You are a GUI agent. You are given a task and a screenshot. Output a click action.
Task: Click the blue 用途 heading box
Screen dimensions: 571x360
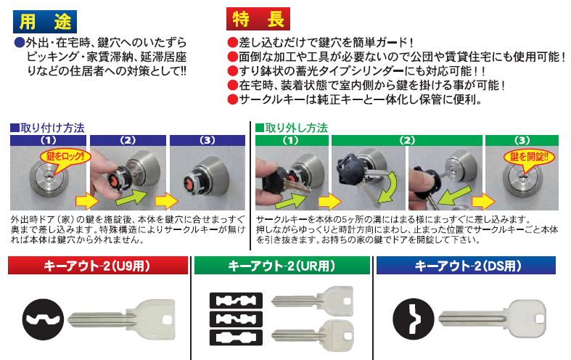coord(45,22)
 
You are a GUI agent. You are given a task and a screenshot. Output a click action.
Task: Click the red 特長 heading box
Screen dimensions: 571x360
coord(258,19)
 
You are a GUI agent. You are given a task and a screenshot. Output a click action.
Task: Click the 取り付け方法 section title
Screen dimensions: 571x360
coord(48,128)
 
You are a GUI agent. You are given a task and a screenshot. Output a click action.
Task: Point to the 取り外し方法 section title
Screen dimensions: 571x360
coord(292,128)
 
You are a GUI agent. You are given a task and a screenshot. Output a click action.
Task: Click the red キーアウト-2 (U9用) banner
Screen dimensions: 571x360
coord(98,265)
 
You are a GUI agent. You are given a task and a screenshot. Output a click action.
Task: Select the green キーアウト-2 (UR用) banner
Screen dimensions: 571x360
coord(282,265)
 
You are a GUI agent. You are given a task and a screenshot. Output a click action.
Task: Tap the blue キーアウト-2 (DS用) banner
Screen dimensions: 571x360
coord(466,265)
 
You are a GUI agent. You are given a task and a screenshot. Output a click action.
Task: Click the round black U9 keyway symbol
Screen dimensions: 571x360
coord(43,319)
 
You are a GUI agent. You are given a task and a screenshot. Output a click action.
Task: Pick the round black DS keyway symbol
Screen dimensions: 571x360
coord(414,319)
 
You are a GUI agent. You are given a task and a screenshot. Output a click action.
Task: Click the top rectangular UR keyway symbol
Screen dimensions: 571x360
coord(236,300)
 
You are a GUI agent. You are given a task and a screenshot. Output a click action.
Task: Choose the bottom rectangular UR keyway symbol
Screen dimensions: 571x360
coord(236,337)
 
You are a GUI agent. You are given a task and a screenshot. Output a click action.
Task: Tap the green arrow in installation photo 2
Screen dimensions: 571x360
coord(131,197)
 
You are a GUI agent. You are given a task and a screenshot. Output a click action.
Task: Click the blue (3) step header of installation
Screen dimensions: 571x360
coord(208,140)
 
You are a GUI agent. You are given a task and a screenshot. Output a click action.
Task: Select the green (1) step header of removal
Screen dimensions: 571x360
coord(292,140)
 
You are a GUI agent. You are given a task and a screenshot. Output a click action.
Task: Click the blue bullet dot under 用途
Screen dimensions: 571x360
coord(19,43)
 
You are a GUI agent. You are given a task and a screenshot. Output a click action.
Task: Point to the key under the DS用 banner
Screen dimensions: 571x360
coord(493,319)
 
